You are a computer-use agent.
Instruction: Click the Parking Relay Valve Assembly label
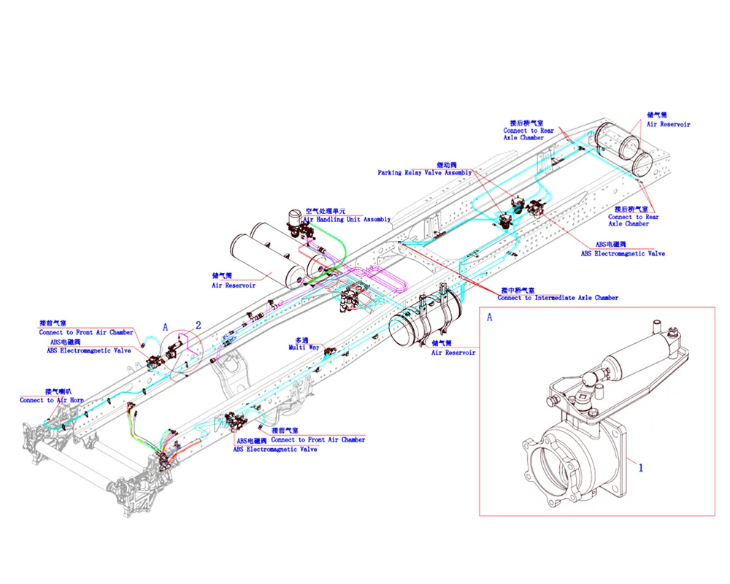(425, 173)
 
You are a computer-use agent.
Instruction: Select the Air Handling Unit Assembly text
(347, 219)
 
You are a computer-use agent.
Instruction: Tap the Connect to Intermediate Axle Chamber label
(558, 298)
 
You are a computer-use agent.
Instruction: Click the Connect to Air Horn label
(52, 400)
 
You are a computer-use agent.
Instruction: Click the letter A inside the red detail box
(489, 318)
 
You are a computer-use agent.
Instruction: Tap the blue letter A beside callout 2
(166, 328)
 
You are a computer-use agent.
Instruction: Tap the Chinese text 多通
(301, 340)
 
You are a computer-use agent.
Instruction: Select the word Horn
(76, 400)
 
